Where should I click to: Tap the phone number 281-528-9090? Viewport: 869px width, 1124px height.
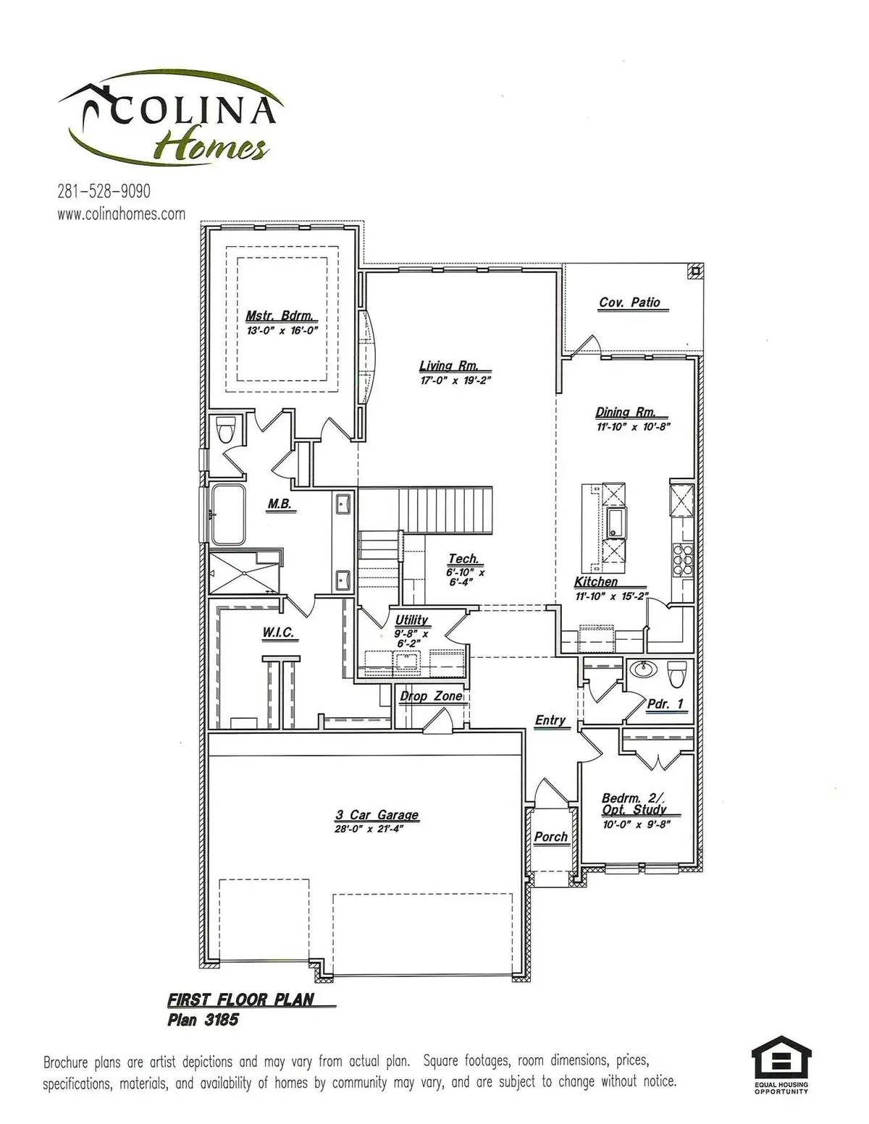tap(104, 191)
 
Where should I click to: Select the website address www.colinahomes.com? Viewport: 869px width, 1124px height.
tap(121, 214)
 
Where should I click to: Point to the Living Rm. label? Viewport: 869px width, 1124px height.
tap(449, 366)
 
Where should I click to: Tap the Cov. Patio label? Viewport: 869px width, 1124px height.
tap(629, 303)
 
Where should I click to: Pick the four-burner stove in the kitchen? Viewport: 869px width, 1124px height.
tap(683, 558)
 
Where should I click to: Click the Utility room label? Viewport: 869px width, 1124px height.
tap(411, 620)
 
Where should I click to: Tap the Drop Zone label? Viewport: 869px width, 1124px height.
tap(431, 696)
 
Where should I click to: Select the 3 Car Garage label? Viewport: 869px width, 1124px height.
tap(377, 815)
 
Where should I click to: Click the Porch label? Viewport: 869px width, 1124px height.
tap(550, 837)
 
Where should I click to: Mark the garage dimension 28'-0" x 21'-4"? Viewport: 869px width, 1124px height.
tap(369, 829)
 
